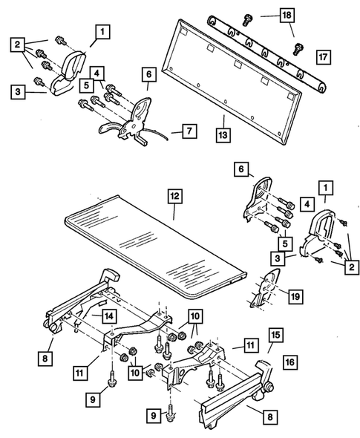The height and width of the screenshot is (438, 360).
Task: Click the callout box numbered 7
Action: tap(189, 131)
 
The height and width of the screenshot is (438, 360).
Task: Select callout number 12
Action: tap(175, 197)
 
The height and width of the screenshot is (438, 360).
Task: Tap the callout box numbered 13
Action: tap(223, 135)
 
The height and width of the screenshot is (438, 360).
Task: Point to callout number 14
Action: tap(109, 316)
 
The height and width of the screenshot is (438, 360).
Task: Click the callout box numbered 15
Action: tap(275, 336)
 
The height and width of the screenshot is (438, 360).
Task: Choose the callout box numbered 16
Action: tap(289, 362)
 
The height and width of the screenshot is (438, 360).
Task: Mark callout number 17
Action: tap(323, 57)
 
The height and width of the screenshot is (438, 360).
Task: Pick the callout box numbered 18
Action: tap(287, 15)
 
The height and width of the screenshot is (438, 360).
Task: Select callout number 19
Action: tap(295, 296)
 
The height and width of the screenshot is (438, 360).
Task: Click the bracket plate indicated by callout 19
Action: tap(264, 288)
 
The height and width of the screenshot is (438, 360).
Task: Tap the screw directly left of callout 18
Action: tap(246, 20)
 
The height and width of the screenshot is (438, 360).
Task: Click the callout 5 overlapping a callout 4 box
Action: tap(86, 85)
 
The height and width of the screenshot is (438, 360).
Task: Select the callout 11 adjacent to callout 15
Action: tap(251, 345)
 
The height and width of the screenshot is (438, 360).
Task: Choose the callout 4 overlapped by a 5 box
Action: tap(97, 73)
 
